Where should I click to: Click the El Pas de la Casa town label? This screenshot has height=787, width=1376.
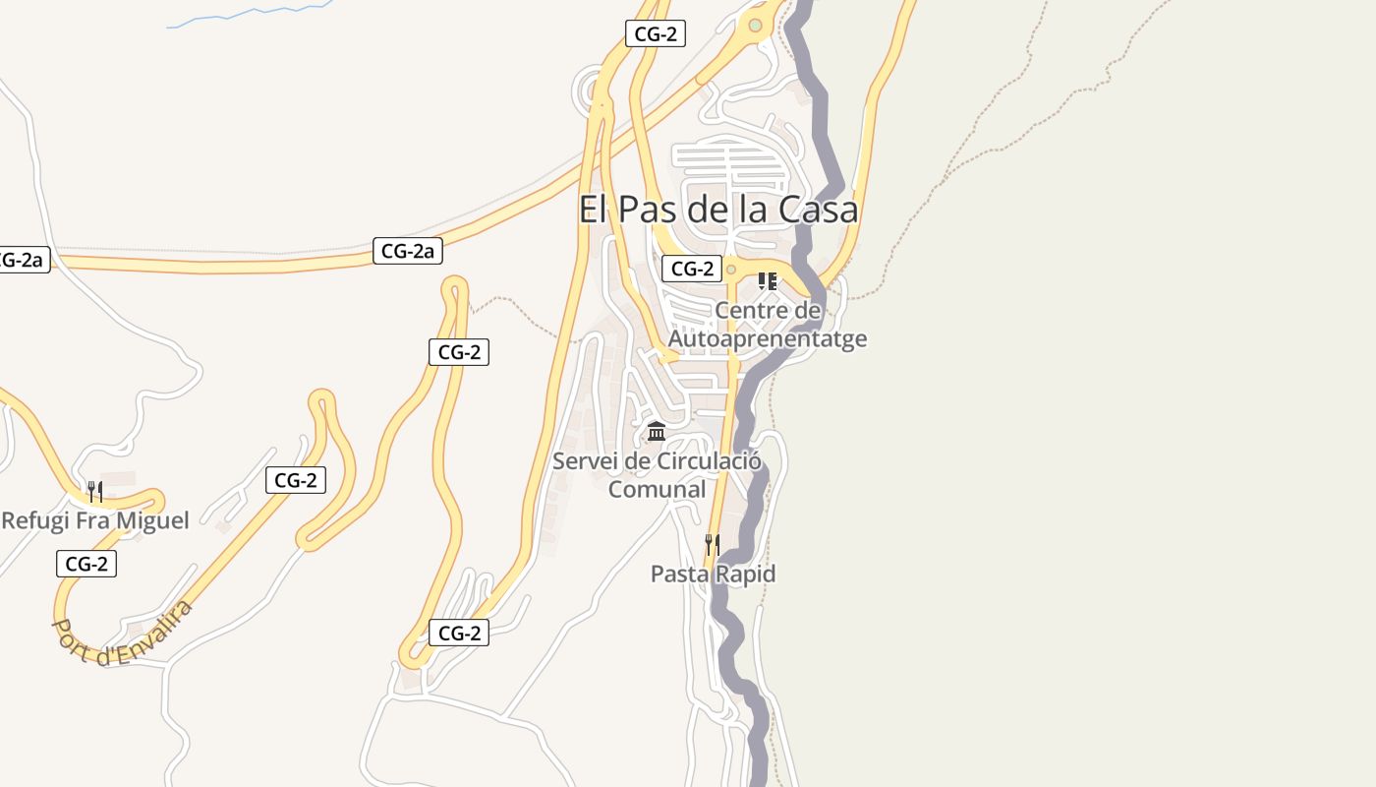pyautogui.click(x=717, y=210)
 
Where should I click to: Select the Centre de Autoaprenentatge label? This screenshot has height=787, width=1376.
pyautogui.click(x=768, y=326)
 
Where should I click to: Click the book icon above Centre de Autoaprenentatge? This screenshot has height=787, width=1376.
pyautogui.click(x=768, y=281)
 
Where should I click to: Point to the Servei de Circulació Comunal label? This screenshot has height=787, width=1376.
pyautogui.click(x=657, y=475)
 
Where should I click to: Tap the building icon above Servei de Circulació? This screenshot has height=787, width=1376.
pyautogui.click(x=657, y=432)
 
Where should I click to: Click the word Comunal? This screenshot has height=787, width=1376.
pyautogui.click(x=657, y=489)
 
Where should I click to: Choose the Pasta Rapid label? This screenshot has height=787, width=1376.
pyautogui.click(x=714, y=574)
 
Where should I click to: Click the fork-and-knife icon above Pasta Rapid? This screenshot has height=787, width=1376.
pyautogui.click(x=713, y=544)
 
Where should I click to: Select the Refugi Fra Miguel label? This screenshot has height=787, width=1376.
pyautogui.click(x=95, y=520)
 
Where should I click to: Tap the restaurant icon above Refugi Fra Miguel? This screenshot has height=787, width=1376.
pyautogui.click(x=95, y=491)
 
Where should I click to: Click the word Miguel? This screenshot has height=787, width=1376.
pyautogui.click(x=152, y=520)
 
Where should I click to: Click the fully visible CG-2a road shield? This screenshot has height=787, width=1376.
pyautogui.click(x=408, y=251)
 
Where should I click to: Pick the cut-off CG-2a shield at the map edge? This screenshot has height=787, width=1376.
pyautogui.click(x=23, y=260)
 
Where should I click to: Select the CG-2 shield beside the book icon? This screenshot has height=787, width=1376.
pyautogui.click(x=692, y=269)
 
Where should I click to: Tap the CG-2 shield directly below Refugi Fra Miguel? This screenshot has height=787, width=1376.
pyautogui.click(x=86, y=564)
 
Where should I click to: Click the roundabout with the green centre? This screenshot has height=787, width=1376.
pyautogui.click(x=755, y=26)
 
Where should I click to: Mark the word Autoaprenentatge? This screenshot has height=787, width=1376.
pyautogui.click(x=768, y=339)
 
